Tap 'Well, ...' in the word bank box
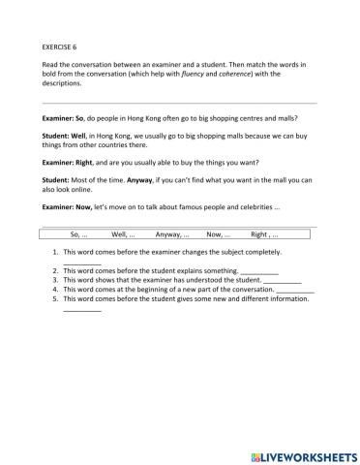pyautogui.click(x=124, y=234)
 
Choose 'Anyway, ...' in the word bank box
pyautogui.click(x=172, y=234)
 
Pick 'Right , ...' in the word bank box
pyautogui.click(x=264, y=234)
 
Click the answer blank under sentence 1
pyautogui.click(x=81, y=262)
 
